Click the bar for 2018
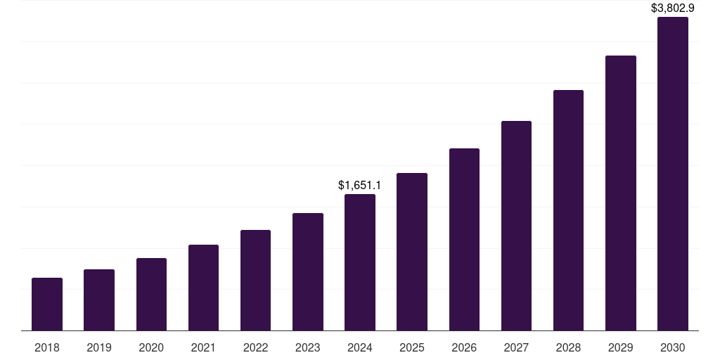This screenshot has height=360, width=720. pyautogui.click(x=47, y=304)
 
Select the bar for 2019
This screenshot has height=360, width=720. pyautogui.click(x=99, y=300)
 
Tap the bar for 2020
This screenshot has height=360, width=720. pyautogui.click(x=151, y=294)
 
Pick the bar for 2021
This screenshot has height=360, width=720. pyautogui.click(x=203, y=288)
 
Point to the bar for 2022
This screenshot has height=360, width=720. pyautogui.click(x=255, y=280)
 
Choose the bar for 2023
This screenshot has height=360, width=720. pyautogui.click(x=308, y=271)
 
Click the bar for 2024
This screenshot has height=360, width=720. pyautogui.click(x=360, y=262)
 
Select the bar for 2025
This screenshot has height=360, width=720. pyautogui.click(x=412, y=252)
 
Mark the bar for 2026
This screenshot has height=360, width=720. pyautogui.click(x=464, y=239)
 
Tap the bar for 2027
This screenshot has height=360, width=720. pyautogui.click(x=516, y=226)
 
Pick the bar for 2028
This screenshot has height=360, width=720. pyautogui.click(x=568, y=210)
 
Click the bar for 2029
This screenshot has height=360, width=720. pyautogui.click(x=621, y=193)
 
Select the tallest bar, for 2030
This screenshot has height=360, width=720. pyautogui.click(x=673, y=174)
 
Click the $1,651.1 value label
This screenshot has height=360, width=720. pyautogui.click(x=359, y=186)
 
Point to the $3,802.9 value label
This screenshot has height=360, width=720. pyautogui.click(x=673, y=8)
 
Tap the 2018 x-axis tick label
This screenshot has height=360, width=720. pyautogui.click(x=47, y=347)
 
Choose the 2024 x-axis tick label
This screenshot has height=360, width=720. pyautogui.click(x=360, y=347)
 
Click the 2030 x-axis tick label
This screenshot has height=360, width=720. pyautogui.click(x=673, y=347)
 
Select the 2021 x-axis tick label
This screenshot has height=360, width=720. pyautogui.click(x=203, y=347)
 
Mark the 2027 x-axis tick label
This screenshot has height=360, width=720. pyautogui.click(x=516, y=347)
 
